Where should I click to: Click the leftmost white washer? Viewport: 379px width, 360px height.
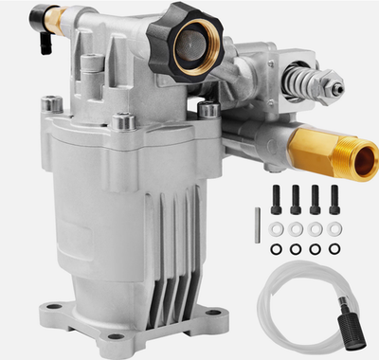coord(277,228)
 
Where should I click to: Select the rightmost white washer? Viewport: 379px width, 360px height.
coord(334,228)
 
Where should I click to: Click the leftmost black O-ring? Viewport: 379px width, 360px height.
coord(277,249)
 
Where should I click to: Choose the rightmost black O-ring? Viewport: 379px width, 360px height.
coord(334,249)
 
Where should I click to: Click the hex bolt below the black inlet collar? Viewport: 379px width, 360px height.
coord(208,111)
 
